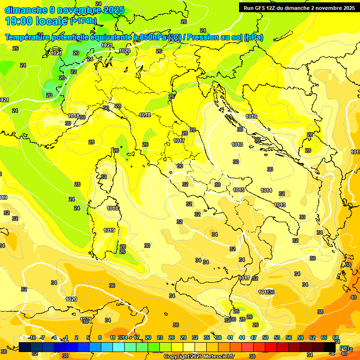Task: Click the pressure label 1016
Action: point(251,116)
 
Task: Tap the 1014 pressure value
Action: point(267,190)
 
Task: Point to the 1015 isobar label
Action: point(239,190)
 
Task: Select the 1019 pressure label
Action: point(109,230)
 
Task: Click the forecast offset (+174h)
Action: point(83,21)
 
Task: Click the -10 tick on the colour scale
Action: point(31,337)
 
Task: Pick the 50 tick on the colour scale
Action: point(265,337)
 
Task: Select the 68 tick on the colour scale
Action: point(336,337)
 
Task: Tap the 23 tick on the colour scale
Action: point(160,337)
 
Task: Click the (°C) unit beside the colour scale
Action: point(345,348)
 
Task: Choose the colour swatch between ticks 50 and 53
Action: point(271,347)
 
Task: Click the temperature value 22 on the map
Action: point(74,72)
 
